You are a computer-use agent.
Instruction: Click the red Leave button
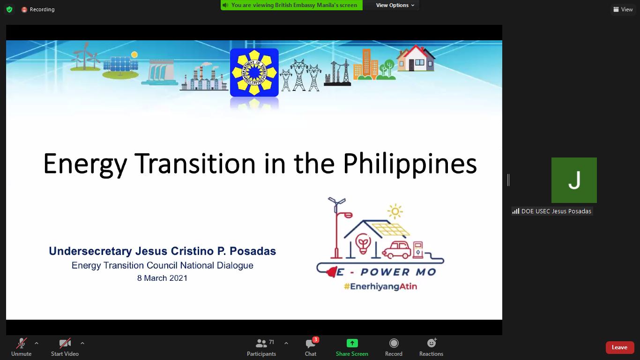(x=619, y=347)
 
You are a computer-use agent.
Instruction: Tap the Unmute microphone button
(x=21, y=347)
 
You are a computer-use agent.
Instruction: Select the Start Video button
(x=65, y=347)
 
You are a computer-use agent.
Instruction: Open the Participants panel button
(x=261, y=347)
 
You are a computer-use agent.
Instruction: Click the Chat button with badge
(x=311, y=347)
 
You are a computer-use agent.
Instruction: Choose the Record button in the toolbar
(x=394, y=347)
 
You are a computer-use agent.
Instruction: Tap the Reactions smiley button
(x=431, y=347)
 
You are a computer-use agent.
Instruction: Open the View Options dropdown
(x=395, y=5)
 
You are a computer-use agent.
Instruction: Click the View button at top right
(x=623, y=9)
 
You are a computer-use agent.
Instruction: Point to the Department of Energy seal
(x=254, y=72)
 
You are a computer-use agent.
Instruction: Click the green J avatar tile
(x=574, y=180)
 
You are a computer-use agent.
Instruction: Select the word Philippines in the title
(x=410, y=165)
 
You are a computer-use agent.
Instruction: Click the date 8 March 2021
(x=162, y=278)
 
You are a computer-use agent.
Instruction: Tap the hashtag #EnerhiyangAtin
(x=380, y=286)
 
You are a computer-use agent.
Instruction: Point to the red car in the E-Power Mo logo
(x=397, y=250)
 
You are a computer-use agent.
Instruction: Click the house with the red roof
(x=416, y=58)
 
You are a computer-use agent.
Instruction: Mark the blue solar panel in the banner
(x=120, y=64)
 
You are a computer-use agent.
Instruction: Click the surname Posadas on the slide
(x=253, y=251)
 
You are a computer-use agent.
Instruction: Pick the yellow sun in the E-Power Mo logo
(x=395, y=211)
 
